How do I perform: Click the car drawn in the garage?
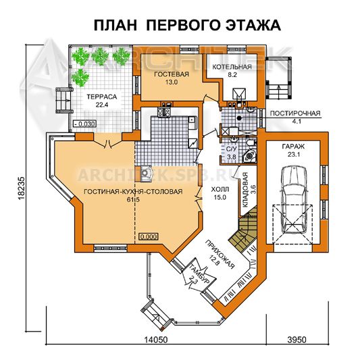coord(293,199)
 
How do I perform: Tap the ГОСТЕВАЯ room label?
coord(172,74)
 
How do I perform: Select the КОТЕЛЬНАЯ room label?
coord(232,67)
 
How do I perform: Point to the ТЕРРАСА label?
coord(102,97)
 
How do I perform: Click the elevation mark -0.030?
coord(84,124)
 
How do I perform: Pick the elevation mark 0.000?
coord(149,236)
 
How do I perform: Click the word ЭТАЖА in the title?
coord(253,25)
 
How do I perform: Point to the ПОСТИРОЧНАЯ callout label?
coord(294,113)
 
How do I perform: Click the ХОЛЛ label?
coord(220,189)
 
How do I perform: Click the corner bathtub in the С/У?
coord(249,155)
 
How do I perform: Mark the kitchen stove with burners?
coord(163,112)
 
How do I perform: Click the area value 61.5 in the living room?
coord(133,199)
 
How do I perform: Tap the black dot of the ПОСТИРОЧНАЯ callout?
coord(239,118)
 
